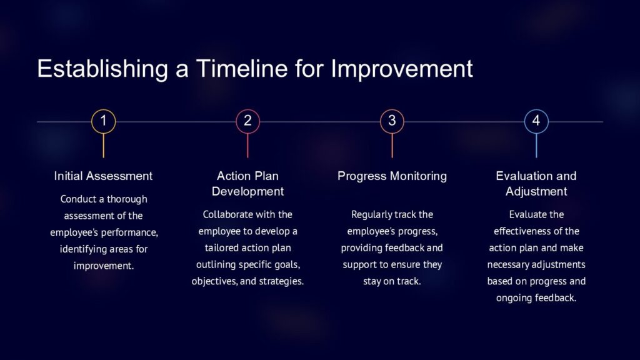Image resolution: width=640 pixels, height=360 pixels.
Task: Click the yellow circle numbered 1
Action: [x=104, y=121]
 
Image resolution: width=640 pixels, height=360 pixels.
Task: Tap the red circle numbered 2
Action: [x=247, y=121]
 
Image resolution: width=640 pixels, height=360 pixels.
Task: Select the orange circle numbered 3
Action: [x=392, y=121]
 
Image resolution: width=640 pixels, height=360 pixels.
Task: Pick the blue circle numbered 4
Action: [x=536, y=121]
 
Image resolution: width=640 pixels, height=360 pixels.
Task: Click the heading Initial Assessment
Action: [x=103, y=176]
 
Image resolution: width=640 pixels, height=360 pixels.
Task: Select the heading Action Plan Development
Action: [x=247, y=184]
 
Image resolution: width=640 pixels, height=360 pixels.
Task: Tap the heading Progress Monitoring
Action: [x=392, y=176]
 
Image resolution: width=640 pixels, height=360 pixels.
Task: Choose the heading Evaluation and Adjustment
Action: [x=536, y=184]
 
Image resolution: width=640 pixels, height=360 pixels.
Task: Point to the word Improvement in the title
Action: [x=402, y=69]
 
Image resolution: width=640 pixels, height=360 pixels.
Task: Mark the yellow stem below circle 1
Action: [x=104, y=146]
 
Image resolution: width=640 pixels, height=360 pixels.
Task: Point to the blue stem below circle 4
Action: [x=536, y=146]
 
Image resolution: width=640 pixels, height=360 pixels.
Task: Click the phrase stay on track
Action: [x=392, y=281]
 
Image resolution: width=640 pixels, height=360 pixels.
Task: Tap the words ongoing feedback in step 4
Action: [x=536, y=298]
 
